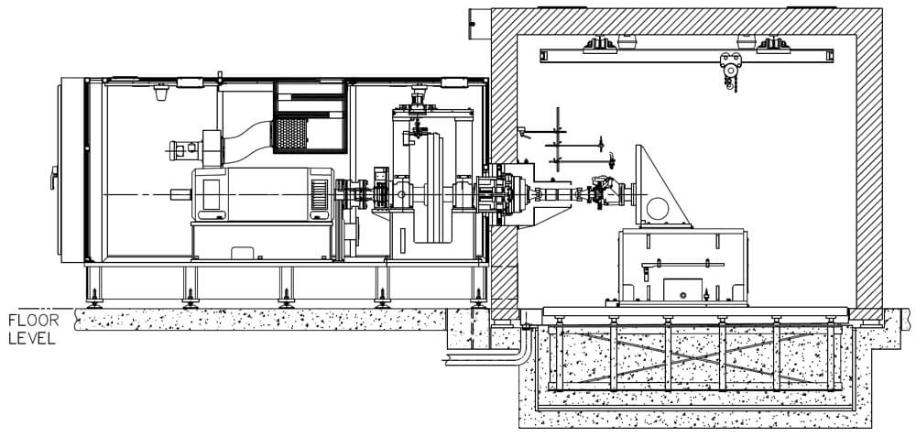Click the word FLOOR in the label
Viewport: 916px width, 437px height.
[34, 321]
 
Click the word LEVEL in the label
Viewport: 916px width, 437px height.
[32, 338]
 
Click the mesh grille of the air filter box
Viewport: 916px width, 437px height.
[290, 134]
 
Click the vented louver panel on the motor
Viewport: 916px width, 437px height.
[320, 194]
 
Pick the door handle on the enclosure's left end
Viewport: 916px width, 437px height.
[53, 178]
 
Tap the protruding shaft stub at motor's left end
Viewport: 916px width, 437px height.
[181, 194]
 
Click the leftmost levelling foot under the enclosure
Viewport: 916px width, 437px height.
[93, 301]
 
